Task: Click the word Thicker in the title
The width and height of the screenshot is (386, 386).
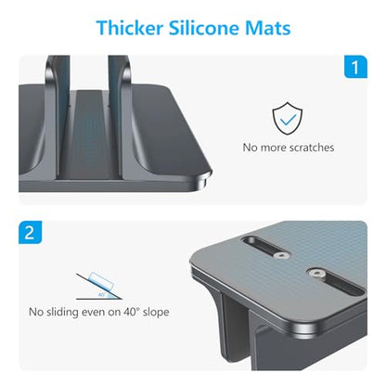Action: click(x=130, y=28)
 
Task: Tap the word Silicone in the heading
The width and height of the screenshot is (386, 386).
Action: click(x=204, y=28)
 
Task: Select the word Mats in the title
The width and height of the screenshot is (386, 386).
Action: click(x=268, y=28)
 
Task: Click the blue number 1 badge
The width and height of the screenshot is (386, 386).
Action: click(x=355, y=67)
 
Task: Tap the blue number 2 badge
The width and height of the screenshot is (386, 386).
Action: click(x=30, y=232)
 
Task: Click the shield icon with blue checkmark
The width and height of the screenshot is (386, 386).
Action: click(x=288, y=118)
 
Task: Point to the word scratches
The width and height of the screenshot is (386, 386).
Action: click(x=309, y=148)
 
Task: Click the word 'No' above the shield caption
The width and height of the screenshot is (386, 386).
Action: click(x=250, y=148)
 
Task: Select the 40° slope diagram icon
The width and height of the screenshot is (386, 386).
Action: click(x=99, y=286)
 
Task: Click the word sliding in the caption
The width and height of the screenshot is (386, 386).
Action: click(x=62, y=312)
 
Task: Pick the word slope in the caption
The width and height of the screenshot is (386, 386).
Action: click(x=156, y=313)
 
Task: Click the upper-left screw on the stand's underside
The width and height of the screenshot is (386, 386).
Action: click(x=281, y=255)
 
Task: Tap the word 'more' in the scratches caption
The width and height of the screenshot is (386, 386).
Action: click(x=271, y=148)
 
